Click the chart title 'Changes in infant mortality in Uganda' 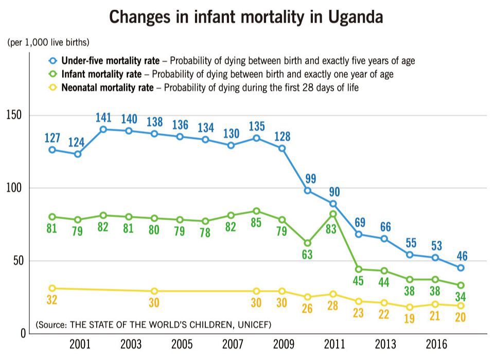[x=246, y=17]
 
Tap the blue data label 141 [x=103, y=118]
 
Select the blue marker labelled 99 [x=308, y=191]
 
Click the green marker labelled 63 [x=308, y=243]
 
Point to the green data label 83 [x=331, y=229]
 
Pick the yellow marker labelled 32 [x=52, y=289]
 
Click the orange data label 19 [x=409, y=318]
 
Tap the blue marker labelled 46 [x=461, y=268]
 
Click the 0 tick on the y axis [x=23, y=333]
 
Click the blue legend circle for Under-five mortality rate [x=53, y=60]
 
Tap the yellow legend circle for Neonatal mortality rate [x=53, y=87]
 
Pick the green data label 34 [x=461, y=298]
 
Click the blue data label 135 [x=257, y=127]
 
